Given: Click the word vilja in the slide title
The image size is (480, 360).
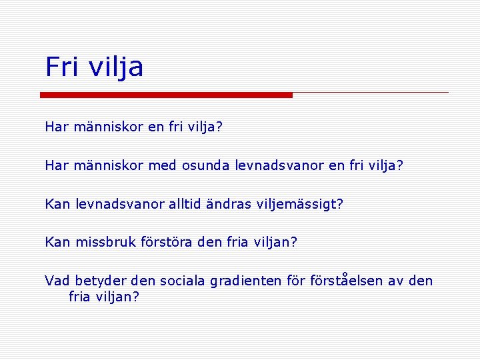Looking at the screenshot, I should [115, 68].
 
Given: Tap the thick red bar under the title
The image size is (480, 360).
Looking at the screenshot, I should [166, 95].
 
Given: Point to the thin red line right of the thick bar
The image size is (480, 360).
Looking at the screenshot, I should [370, 92].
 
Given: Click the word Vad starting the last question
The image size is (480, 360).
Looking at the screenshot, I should [57, 281].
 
